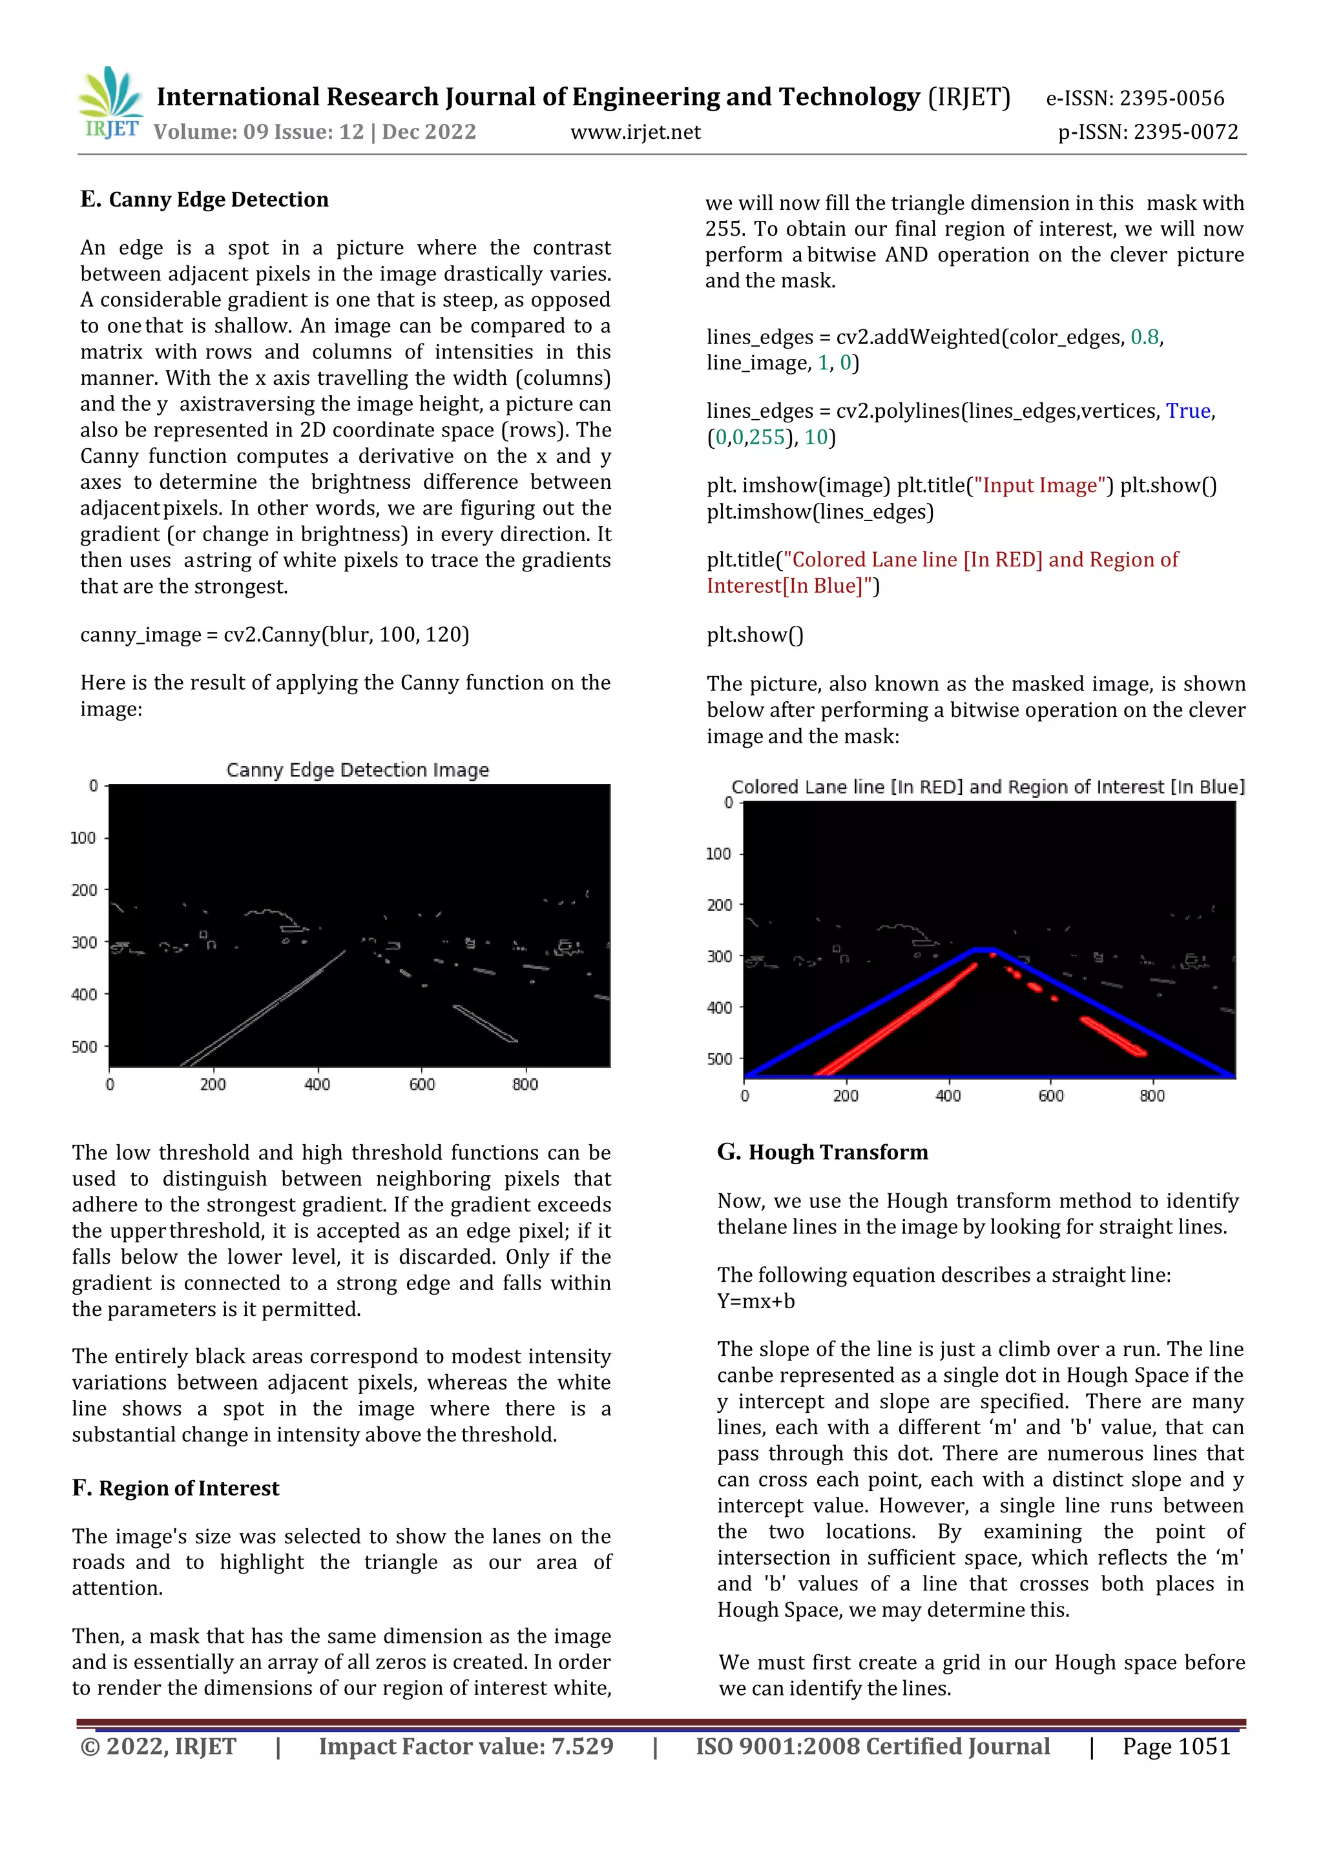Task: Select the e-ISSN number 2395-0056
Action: pos(1171,99)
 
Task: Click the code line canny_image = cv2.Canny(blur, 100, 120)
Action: pos(274,635)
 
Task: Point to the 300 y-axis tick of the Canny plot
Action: pos(84,942)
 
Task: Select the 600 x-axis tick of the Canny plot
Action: pos(422,1085)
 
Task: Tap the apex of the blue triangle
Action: pos(984,950)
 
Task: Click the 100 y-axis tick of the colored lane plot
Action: pos(718,854)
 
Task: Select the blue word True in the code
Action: pos(1188,411)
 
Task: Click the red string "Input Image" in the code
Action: pos(1039,486)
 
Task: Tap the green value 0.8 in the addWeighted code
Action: pos(1145,337)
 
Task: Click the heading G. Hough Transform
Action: pos(823,1153)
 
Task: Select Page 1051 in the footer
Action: pos(1176,1746)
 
